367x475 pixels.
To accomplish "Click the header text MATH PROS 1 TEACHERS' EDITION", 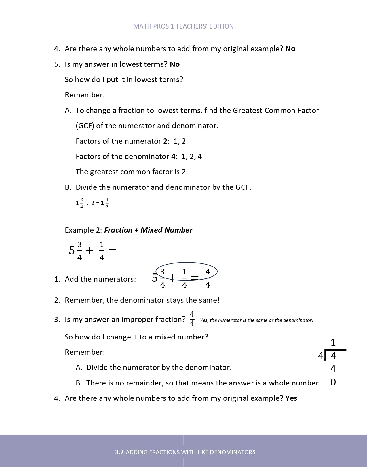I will click(183, 26).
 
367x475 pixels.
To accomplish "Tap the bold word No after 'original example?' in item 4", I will click(290, 49).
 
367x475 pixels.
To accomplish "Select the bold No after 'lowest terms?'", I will click(175, 64).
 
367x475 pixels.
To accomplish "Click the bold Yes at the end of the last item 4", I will click(291, 398).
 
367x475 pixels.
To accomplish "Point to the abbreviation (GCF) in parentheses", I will click(85, 126).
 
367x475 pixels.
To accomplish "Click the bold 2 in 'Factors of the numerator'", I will click(165, 141).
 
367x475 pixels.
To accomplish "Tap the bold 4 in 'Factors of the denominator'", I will click(173, 156).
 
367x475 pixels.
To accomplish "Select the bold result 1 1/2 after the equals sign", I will click(105, 203).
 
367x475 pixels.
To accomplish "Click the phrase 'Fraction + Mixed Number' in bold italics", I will click(148, 230).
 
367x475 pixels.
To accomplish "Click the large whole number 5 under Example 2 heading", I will click(72, 250).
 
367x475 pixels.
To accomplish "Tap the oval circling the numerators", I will click(187, 263).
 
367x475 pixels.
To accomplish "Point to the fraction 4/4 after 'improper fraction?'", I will click(192, 319).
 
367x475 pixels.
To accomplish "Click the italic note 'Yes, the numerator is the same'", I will click(256, 320).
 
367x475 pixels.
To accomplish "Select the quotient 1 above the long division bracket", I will click(333, 343).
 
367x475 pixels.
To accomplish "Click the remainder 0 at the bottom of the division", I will click(333, 382).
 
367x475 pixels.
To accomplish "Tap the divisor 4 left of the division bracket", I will click(320, 356).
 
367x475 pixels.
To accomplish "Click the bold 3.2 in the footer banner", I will click(119, 452).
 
